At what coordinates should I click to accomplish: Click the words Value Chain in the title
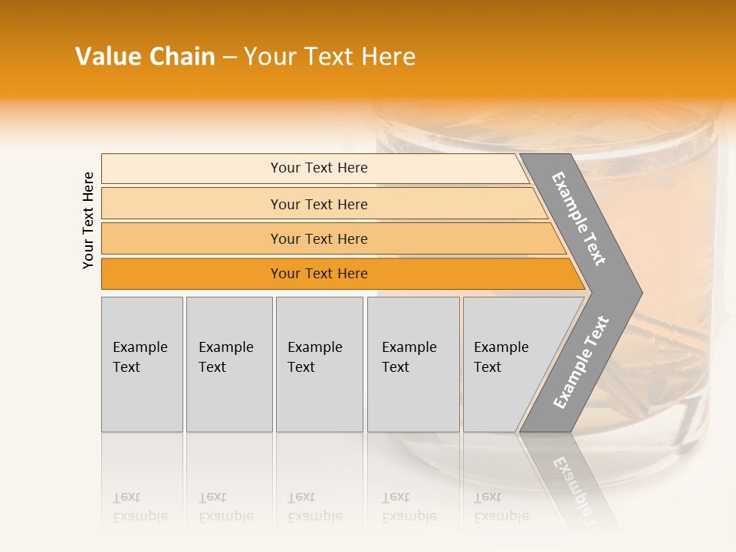coord(145,57)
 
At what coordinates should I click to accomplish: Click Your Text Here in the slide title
coord(330,57)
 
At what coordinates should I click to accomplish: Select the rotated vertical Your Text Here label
coord(88,220)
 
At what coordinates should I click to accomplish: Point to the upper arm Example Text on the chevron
coord(579,219)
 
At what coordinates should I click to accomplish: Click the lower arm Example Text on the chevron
coord(580,363)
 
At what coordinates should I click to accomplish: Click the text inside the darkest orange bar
coord(319,274)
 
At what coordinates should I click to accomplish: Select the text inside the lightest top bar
coord(319,168)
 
